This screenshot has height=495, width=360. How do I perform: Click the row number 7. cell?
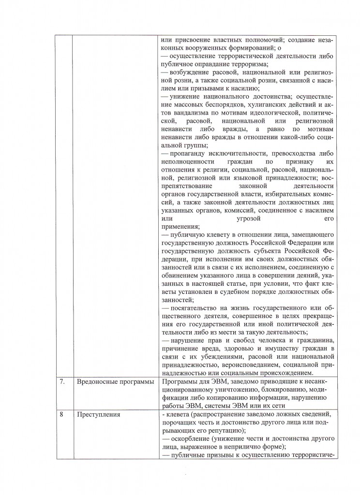pyautogui.click(x=62, y=381)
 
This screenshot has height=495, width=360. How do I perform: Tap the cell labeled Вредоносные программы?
pyautogui.click(x=115, y=381)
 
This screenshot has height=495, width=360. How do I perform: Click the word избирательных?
pyautogui.click(x=282, y=194)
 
